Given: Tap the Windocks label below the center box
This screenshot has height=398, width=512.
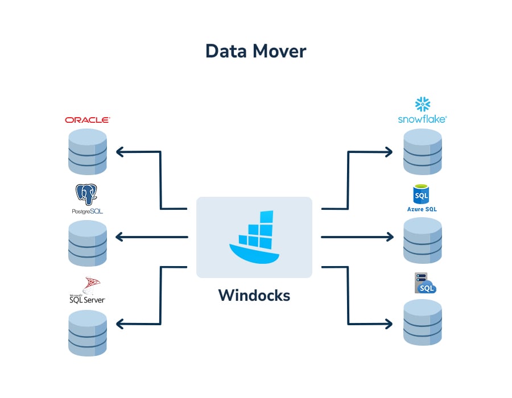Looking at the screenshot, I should tap(254, 296).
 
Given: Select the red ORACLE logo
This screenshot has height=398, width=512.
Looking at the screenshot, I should tap(87, 120).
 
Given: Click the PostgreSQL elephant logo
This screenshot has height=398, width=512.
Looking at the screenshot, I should tap(87, 195).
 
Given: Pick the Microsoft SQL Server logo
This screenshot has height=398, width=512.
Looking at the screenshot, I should tap(87, 290).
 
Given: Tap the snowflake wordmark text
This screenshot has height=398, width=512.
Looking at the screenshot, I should tap(422, 119).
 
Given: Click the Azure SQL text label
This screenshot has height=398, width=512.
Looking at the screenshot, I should tap(422, 209).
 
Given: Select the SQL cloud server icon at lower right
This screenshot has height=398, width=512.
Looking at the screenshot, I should tap(424, 284).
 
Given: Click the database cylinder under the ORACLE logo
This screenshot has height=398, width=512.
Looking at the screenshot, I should tap(87, 152).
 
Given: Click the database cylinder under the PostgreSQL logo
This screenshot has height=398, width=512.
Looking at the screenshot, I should tap(87, 243).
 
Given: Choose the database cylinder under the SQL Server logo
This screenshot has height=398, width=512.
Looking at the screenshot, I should tap(87, 333).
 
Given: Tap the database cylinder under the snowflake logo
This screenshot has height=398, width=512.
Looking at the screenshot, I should tap(422, 152).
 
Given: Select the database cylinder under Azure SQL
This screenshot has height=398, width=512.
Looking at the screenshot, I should tap(422, 240).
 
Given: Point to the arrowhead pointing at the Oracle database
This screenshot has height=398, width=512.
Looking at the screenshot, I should tap(119, 152).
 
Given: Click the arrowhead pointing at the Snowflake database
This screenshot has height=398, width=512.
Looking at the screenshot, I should tap(389, 152).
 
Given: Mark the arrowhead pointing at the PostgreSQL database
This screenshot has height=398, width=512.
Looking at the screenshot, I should tap(119, 237).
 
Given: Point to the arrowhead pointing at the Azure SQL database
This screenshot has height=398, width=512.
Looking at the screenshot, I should tap(389, 237).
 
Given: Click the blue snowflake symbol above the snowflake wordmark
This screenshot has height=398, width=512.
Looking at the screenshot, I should tap(423, 104).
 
